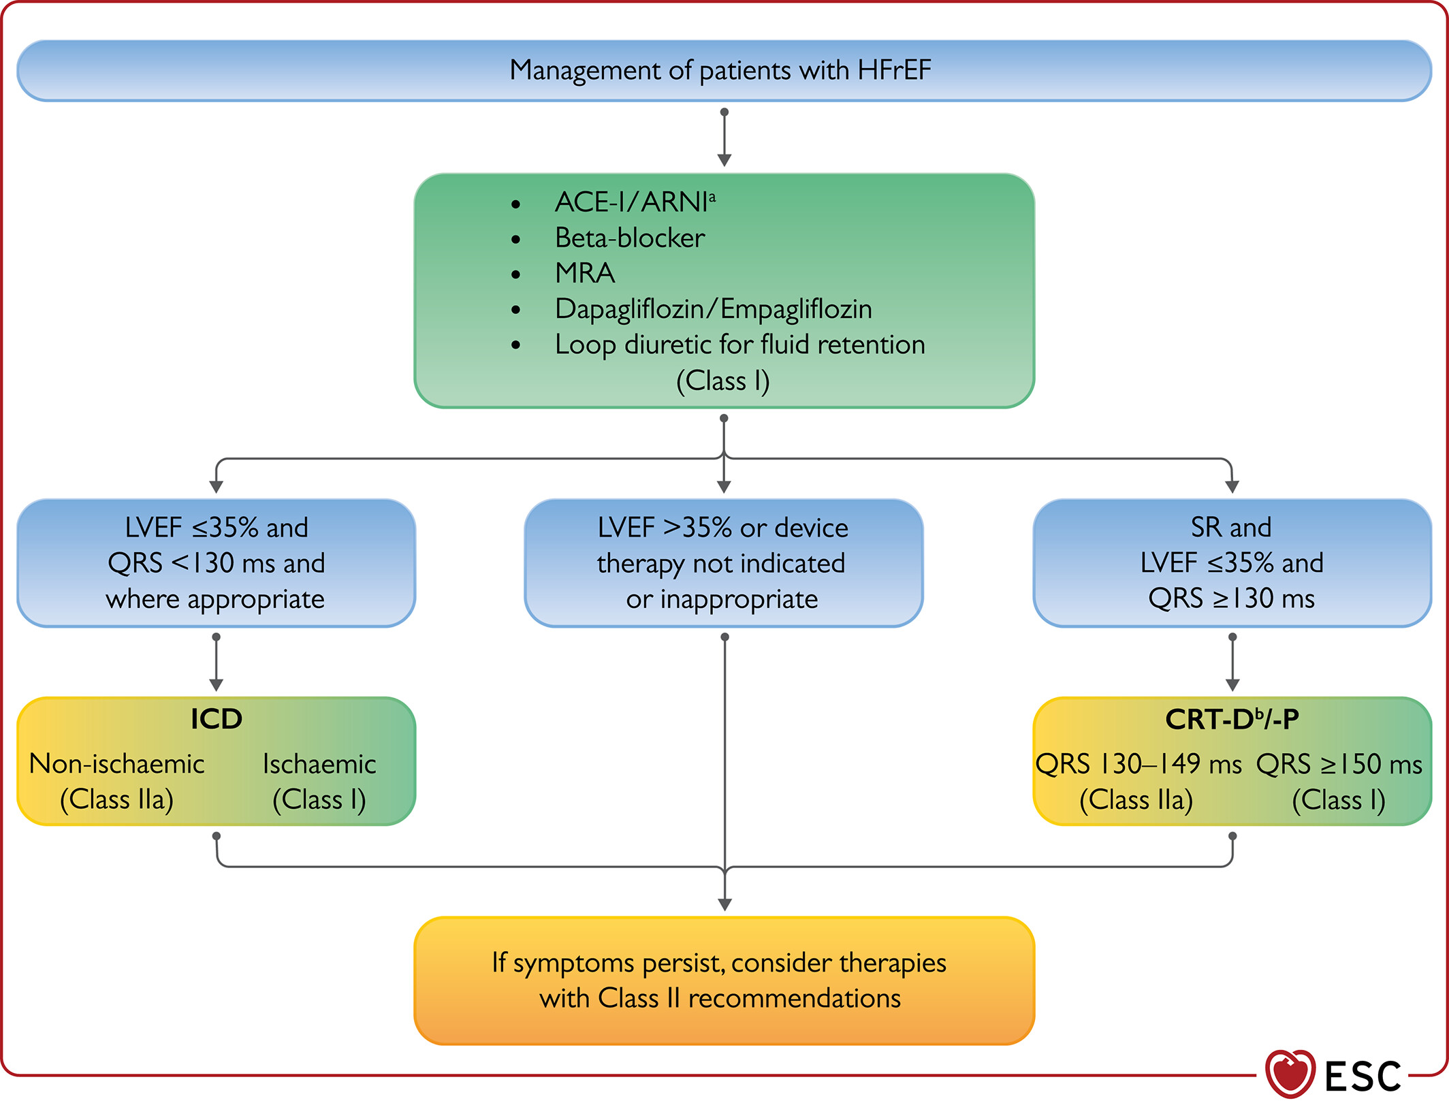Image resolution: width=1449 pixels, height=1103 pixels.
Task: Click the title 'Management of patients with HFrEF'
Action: click(720, 70)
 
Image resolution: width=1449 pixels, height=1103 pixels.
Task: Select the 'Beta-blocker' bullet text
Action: click(630, 238)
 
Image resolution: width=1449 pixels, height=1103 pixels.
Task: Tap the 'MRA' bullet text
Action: click(585, 273)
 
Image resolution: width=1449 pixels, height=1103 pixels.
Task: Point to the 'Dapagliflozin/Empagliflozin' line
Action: click(714, 309)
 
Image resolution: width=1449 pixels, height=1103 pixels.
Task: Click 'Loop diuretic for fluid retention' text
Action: click(740, 345)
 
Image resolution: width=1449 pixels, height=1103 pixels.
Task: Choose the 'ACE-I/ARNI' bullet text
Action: click(635, 202)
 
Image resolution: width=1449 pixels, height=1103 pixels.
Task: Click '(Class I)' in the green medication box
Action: click(723, 381)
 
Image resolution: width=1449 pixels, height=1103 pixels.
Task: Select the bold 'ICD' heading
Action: click(217, 719)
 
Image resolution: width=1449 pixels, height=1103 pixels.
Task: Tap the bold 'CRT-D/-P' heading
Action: click(1232, 719)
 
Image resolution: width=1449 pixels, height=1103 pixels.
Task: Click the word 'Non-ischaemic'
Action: click(117, 764)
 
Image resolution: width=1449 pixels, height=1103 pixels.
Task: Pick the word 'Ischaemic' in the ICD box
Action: click(319, 764)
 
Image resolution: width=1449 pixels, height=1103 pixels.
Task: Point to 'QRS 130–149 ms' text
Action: click(1138, 764)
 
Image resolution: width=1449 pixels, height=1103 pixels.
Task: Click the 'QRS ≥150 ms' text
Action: click(1339, 764)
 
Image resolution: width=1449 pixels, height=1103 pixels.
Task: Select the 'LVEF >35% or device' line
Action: click(723, 528)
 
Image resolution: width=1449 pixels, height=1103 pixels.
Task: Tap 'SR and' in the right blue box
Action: click(1231, 527)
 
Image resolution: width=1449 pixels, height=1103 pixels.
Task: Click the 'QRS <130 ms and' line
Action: click(217, 563)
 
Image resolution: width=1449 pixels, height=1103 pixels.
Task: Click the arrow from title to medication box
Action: click(724, 137)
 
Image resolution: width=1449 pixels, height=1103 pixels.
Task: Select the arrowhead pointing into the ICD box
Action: click(217, 684)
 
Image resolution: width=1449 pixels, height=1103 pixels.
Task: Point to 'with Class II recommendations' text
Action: click(720, 998)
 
